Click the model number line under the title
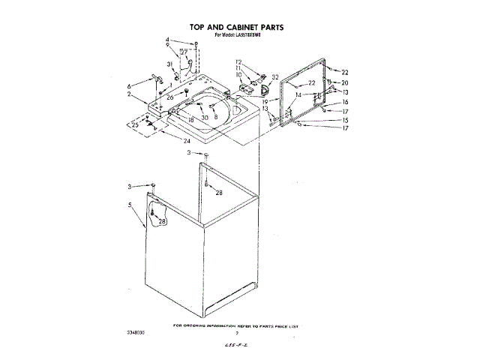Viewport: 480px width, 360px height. (x=241, y=35)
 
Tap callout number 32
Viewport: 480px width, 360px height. (x=275, y=77)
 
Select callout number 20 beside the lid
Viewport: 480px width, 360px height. (x=345, y=82)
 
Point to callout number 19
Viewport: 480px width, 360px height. (x=265, y=100)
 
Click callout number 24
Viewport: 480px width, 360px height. (x=186, y=139)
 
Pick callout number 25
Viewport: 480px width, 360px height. (x=134, y=124)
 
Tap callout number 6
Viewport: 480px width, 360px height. (x=129, y=85)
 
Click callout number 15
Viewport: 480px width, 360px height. (x=346, y=120)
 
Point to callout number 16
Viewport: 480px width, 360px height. (x=346, y=101)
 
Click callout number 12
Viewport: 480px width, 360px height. (x=238, y=61)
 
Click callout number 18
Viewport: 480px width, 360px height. (x=191, y=120)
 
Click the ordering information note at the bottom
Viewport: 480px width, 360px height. (x=235, y=327)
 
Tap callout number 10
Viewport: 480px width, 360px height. (x=238, y=75)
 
